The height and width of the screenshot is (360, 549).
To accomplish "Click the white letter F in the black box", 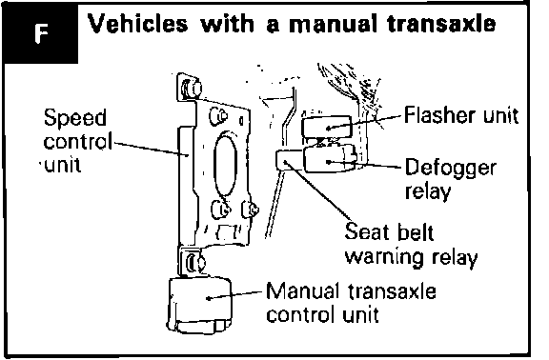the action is (41, 34).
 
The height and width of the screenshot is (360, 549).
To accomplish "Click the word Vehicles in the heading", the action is (137, 24).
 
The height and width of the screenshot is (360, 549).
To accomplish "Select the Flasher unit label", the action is (461, 114).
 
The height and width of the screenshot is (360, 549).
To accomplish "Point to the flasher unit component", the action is (326, 127).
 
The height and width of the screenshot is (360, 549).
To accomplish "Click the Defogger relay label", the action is (450, 179).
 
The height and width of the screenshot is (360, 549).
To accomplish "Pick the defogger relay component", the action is (330, 158).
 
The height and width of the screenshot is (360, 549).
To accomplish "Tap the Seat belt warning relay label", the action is (411, 244).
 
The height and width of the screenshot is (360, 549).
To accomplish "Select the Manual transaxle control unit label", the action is (351, 303).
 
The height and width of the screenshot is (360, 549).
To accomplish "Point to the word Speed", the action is (75, 118).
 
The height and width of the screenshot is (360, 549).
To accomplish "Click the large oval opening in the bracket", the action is (226, 166).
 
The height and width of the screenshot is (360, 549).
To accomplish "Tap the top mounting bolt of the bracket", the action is (192, 88).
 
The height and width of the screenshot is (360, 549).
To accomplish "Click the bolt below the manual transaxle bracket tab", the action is (194, 263).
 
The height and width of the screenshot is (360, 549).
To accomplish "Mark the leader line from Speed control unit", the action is (151, 149).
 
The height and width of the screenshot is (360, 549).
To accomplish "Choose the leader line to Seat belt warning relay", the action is (318, 190).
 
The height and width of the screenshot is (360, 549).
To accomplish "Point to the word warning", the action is (384, 257).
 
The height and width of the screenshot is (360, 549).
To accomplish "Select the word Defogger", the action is (450, 169).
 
